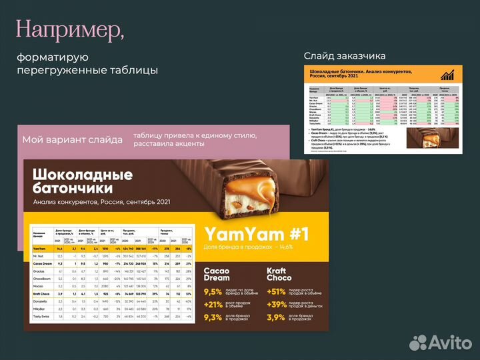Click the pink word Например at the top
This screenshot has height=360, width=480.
(x=70, y=29)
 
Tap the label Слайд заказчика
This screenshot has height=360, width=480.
(x=344, y=55)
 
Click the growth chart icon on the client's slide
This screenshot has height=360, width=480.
(x=448, y=75)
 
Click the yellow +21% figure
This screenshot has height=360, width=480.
(x=213, y=304)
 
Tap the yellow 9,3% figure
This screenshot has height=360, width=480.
(x=213, y=317)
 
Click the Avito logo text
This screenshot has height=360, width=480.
(x=447, y=342)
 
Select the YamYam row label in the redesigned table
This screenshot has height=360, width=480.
(x=40, y=249)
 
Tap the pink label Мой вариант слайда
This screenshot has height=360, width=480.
(x=72, y=140)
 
